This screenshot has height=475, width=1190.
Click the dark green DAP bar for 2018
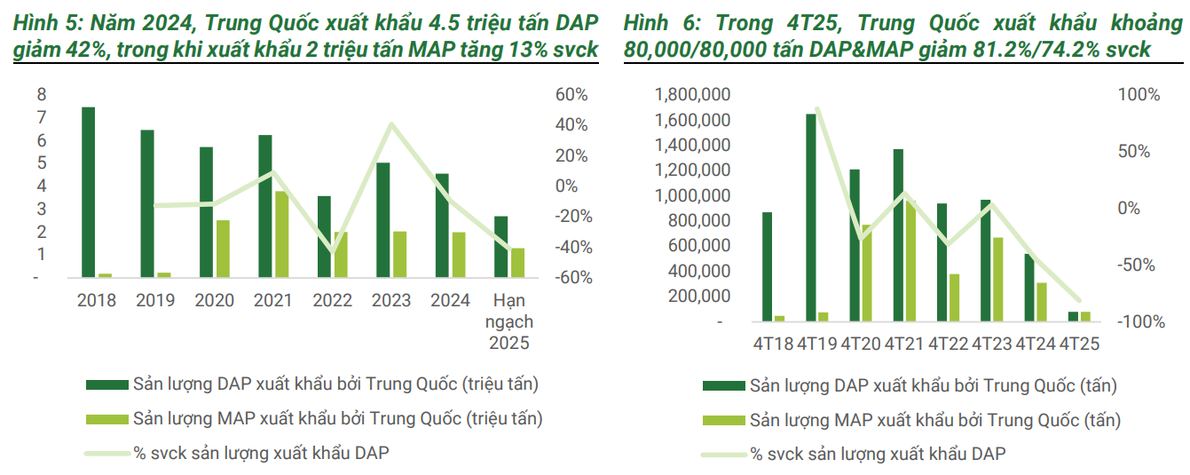[x=88, y=192]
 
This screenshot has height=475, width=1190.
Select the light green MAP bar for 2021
[x=280, y=234]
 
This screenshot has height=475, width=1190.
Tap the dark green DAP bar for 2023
[x=382, y=219]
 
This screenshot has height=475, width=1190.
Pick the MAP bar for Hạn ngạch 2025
[x=517, y=262]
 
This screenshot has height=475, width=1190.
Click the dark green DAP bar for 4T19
[x=811, y=218]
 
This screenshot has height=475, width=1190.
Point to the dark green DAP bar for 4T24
[x=1029, y=288]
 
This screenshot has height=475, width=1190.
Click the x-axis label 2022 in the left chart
[x=331, y=301]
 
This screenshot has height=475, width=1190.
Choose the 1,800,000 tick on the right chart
[x=692, y=95]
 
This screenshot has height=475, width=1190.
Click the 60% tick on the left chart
[x=571, y=95]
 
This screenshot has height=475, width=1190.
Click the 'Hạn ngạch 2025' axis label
[x=508, y=321]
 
